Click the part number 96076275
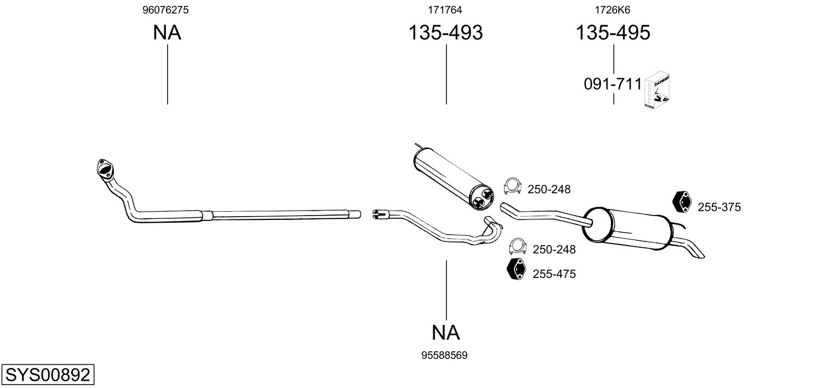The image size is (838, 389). click(x=165, y=10)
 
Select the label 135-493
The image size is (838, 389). click(x=445, y=32)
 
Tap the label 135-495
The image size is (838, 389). click(x=613, y=32)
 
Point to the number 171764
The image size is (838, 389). click(x=445, y=10)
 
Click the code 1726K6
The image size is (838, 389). click(x=612, y=10)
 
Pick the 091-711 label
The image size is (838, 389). click(x=613, y=84)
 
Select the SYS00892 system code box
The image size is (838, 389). click(x=48, y=374)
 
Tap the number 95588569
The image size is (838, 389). click(x=444, y=356)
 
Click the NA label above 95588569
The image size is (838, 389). click(x=445, y=332)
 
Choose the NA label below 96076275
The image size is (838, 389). click(x=167, y=32)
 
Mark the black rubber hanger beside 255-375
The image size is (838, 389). click(x=682, y=202)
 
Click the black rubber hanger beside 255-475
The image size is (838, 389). click(x=516, y=269)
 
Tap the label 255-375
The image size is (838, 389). click(x=719, y=207)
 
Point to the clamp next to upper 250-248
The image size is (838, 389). click(x=513, y=185)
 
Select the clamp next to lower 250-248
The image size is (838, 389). click(x=518, y=246)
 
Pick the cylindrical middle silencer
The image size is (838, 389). click(x=454, y=178)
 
